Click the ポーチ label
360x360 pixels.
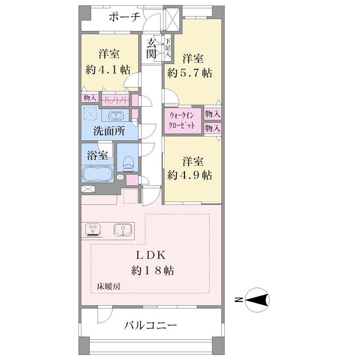click(124, 17)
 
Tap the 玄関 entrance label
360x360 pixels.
click(152, 49)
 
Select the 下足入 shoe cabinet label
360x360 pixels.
click(168, 48)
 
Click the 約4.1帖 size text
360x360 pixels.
click(108, 70)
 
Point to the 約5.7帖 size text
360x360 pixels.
click(189, 73)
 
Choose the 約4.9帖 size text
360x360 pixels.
click(189, 175)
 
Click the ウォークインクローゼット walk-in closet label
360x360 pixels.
click(182, 120)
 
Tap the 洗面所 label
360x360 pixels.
click(109, 131)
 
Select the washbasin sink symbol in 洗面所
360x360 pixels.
click(116, 116)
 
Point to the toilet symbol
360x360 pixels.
click(128, 163)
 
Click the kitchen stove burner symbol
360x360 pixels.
click(93, 230)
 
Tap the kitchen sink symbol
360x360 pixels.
click(123, 230)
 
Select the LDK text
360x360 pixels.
click(151, 255)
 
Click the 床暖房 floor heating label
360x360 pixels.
click(108, 286)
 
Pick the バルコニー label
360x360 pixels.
click(150, 325)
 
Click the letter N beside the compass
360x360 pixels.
click(239, 300)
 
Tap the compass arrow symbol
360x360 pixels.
click(257, 300)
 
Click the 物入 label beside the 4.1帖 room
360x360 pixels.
click(90, 98)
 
